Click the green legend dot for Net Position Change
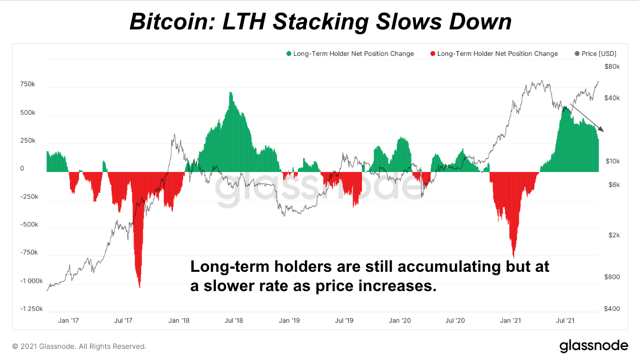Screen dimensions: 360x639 (289, 54)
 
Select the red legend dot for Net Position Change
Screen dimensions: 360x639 (433, 54)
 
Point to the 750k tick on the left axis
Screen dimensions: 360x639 (27, 84)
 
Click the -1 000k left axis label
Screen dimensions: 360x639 (31, 281)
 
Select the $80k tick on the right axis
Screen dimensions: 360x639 (612, 67)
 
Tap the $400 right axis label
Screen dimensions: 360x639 (612, 309)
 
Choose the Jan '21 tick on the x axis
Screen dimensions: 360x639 (510, 320)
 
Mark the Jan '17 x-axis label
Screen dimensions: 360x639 (68, 320)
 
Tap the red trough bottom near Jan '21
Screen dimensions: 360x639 (514, 256)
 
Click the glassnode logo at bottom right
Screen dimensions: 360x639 (593, 346)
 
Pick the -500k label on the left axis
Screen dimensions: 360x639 (28, 225)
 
